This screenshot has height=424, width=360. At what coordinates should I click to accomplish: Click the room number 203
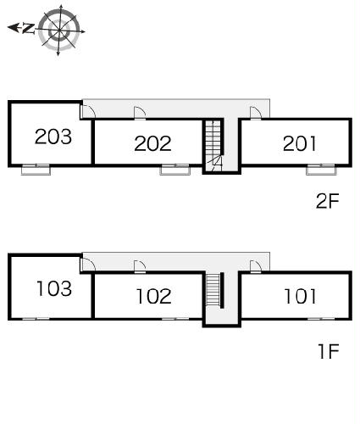[x=53, y=137]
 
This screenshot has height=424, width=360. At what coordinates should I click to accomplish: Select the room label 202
[x=152, y=143]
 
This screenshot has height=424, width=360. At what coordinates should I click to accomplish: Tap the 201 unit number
[x=300, y=143]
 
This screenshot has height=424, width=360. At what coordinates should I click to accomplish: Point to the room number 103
[x=54, y=288]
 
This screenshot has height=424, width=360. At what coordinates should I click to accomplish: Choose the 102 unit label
[x=154, y=296]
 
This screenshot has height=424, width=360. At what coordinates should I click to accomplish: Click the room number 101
[x=300, y=296]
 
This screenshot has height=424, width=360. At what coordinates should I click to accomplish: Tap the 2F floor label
[x=327, y=201]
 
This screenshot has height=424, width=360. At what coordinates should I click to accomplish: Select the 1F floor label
[x=329, y=351]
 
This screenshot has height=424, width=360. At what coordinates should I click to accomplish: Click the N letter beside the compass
[x=28, y=28]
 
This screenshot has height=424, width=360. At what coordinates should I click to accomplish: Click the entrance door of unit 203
[x=88, y=111]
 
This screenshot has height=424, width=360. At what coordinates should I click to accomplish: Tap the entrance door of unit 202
[x=140, y=113]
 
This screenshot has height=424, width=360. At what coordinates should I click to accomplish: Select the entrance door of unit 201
[x=256, y=113]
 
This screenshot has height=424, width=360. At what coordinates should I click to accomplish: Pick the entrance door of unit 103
[x=88, y=265]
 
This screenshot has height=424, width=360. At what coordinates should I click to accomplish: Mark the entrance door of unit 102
[x=140, y=266]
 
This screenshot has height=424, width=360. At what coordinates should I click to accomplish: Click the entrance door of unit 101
[x=256, y=266]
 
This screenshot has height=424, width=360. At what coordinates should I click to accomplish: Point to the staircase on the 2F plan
[x=213, y=145]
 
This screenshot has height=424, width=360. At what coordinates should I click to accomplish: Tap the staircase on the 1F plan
[x=213, y=289]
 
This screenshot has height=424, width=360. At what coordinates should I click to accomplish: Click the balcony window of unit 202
[x=175, y=170]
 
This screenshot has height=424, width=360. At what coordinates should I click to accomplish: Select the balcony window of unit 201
[x=321, y=170]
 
